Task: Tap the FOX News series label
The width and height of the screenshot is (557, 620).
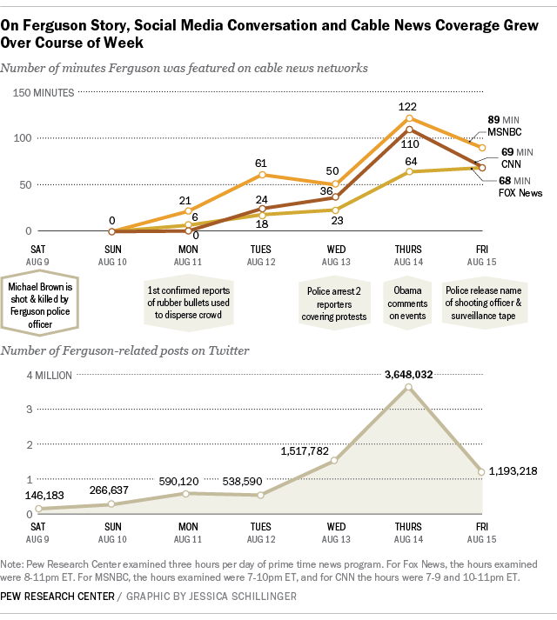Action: point(520,192)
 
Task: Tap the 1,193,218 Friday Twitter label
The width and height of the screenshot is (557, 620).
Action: point(513,470)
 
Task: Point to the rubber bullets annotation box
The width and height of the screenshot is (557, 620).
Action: point(187,303)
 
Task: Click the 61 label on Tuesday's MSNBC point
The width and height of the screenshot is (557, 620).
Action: point(262,163)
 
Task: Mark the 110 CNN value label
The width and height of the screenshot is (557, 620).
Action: point(410,143)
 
